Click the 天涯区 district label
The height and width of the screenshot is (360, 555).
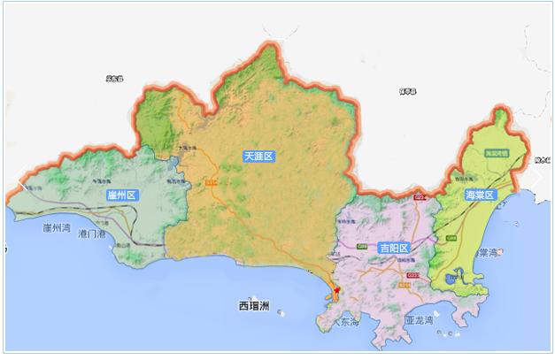pyautogui.click(x=258, y=156)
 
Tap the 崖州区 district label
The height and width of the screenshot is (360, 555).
pyautogui.click(x=120, y=195)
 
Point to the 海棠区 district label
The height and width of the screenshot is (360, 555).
pyautogui.click(x=479, y=195)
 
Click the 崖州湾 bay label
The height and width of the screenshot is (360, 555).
pyautogui.click(x=57, y=228)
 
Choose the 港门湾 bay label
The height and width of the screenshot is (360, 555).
pyautogui.click(x=91, y=234)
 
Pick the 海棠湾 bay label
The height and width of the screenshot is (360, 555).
pyautogui.click(x=483, y=253)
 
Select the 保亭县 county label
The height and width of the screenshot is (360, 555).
pyautogui.click(x=407, y=90)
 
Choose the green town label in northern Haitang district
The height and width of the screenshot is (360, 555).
pyautogui.click(x=502, y=152)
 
